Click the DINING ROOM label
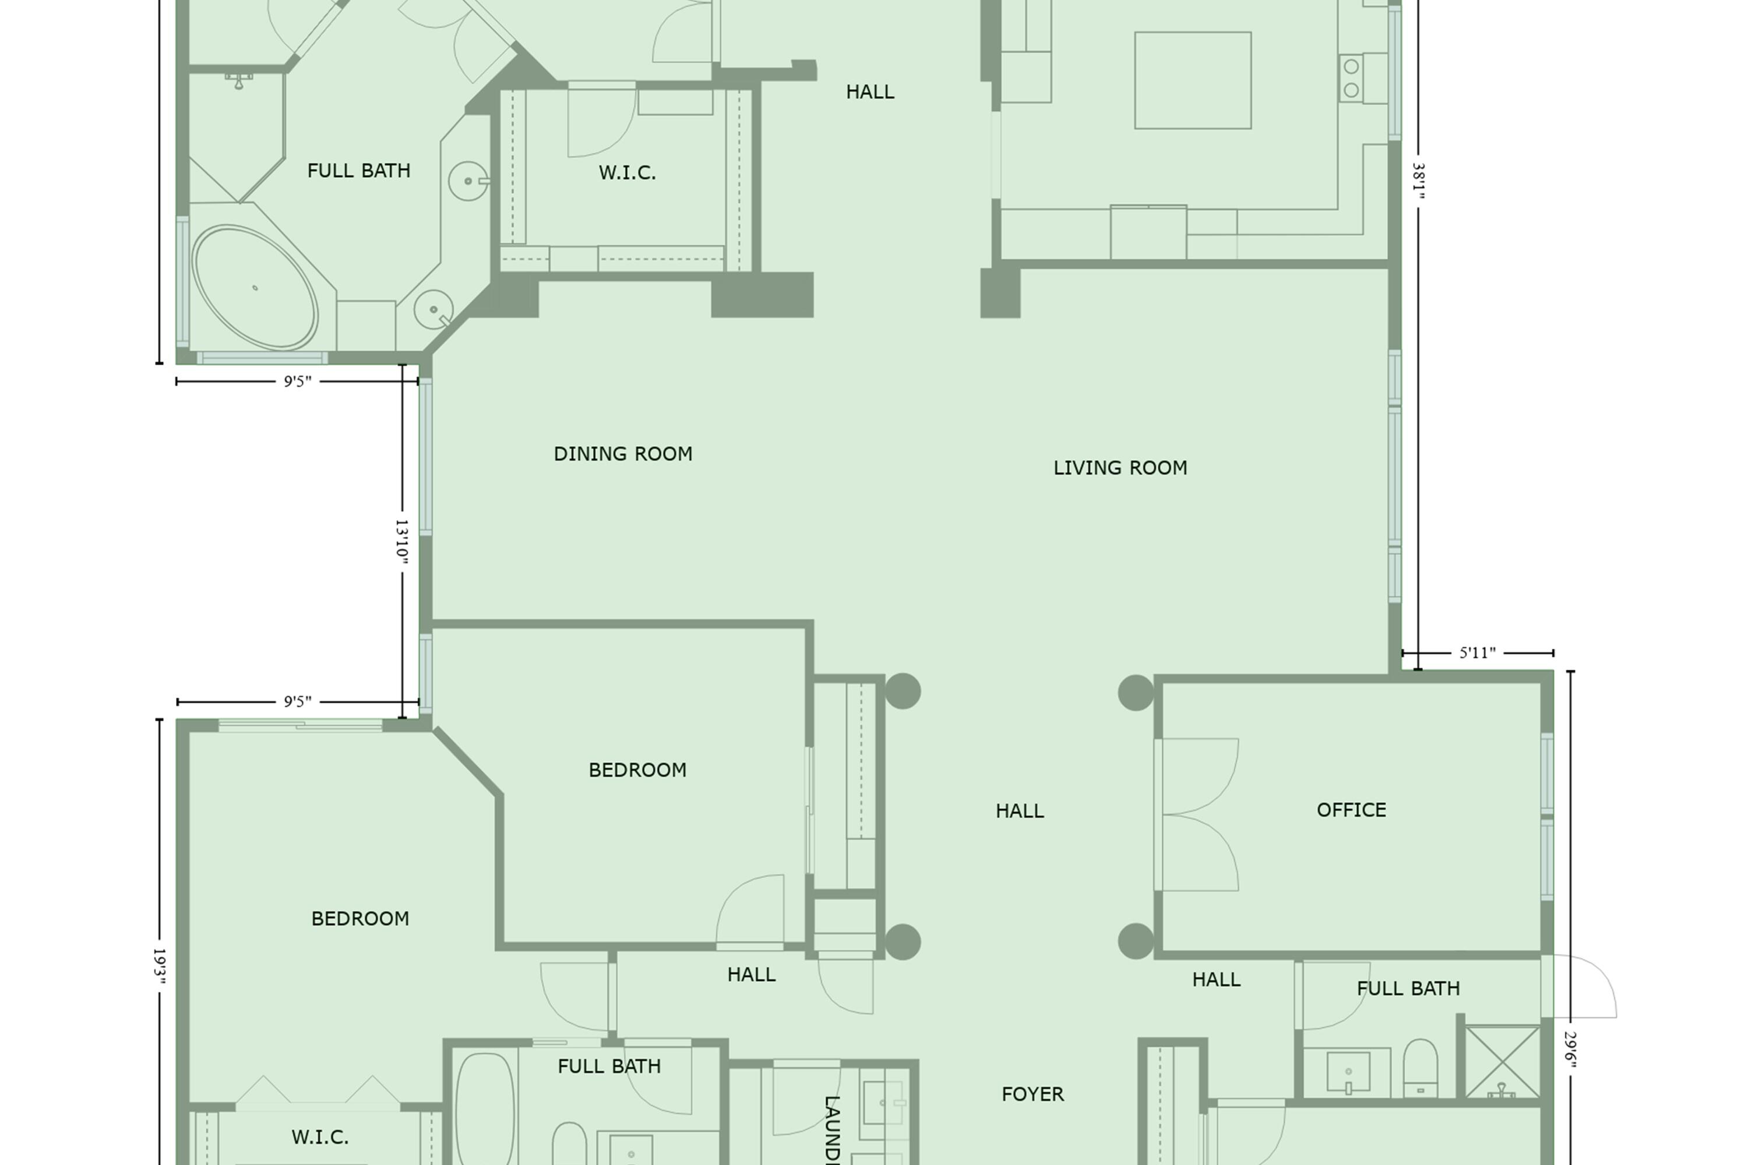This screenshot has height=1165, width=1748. tap(623, 454)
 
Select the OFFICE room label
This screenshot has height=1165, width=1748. tap(1351, 810)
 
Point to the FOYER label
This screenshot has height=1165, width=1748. tap(1032, 1095)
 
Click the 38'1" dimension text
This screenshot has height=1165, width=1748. tap(1418, 181)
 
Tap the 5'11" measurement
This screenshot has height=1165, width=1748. tap(1478, 653)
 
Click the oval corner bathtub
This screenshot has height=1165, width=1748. tap(255, 288)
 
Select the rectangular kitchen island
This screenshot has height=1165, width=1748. tap(1192, 80)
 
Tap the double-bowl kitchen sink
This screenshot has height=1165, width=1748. tap(1351, 78)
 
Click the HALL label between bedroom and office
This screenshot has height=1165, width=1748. tap(1020, 811)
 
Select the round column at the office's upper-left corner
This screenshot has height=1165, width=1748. tap(1136, 693)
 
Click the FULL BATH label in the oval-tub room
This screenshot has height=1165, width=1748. tap(358, 171)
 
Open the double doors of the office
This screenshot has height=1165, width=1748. tap(1197, 814)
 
